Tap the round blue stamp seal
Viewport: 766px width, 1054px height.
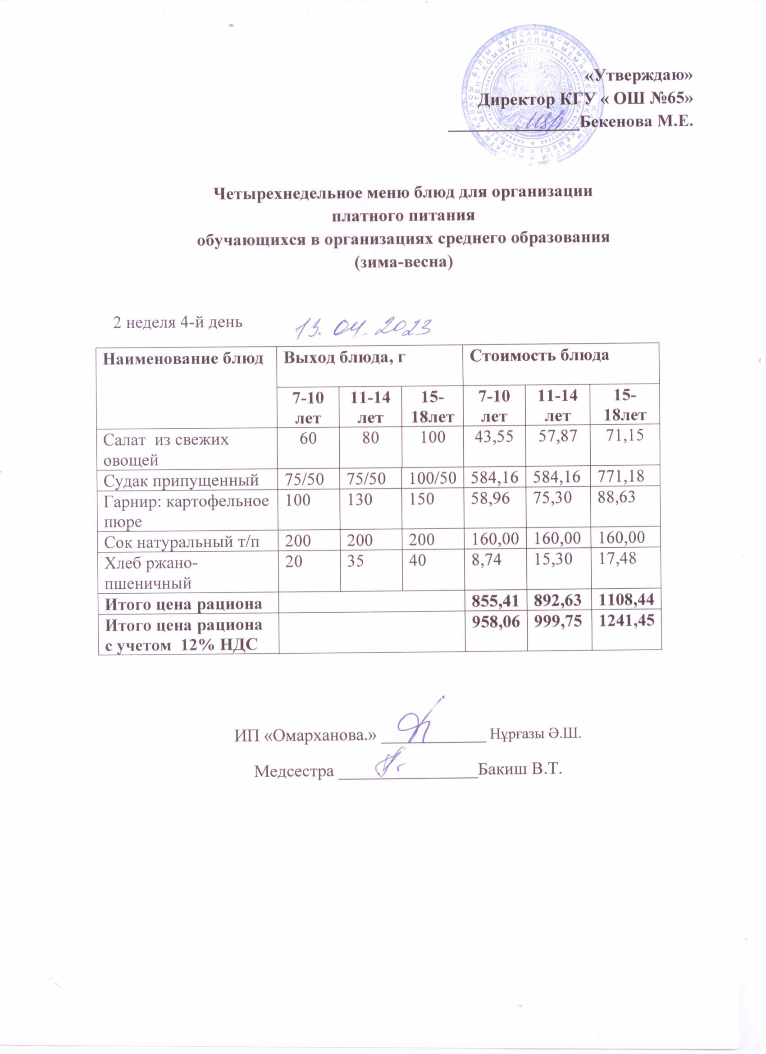pos(529,101)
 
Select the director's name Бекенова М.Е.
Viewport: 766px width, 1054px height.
pos(637,122)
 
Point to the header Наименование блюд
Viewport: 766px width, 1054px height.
pos(183,358)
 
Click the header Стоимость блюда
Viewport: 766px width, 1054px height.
pos(539,356)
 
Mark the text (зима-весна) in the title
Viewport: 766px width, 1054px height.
pos(403,262)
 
